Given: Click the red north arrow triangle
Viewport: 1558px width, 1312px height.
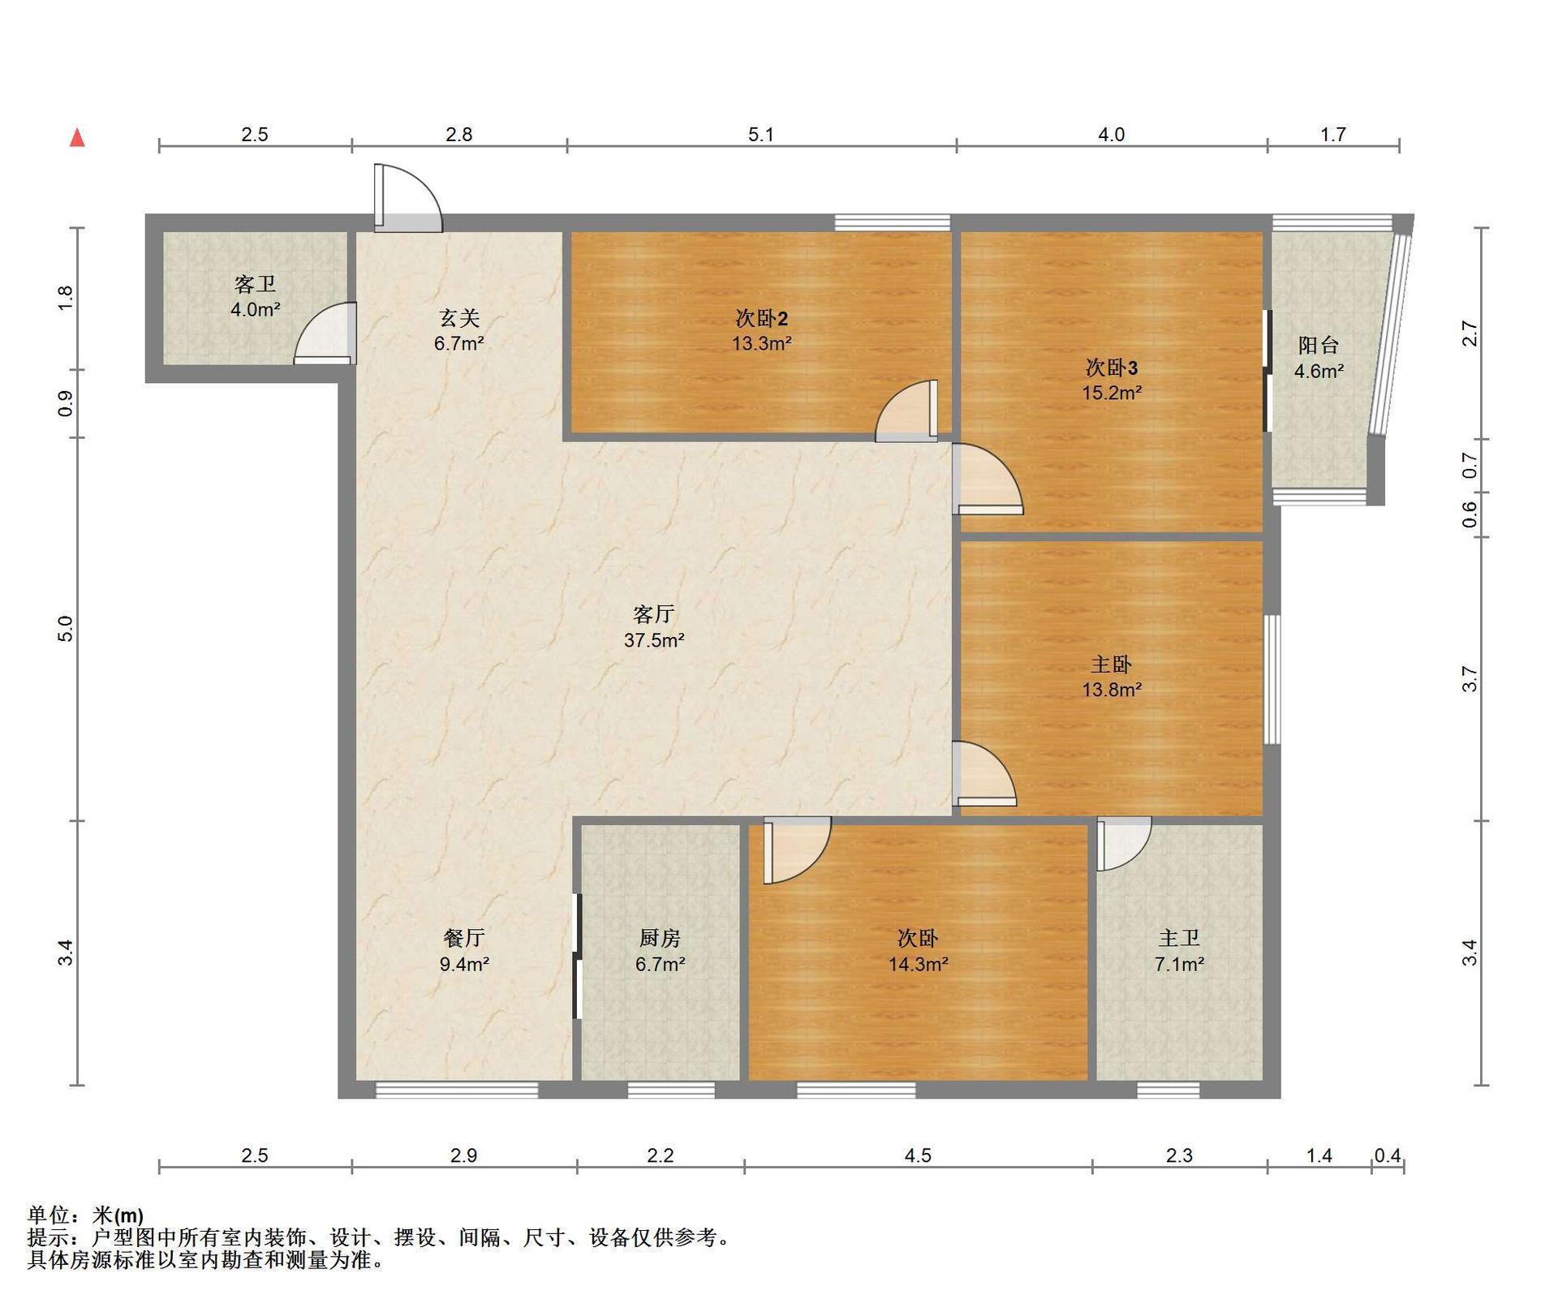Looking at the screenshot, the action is (78, 137).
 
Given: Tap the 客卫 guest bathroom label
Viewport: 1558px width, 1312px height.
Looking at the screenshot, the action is (255, 284).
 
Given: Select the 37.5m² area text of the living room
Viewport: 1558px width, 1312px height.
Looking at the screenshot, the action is (654, 640).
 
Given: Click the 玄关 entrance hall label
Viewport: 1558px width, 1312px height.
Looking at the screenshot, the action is (459, 317).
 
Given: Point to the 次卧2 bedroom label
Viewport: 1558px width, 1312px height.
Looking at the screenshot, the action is (762, 318).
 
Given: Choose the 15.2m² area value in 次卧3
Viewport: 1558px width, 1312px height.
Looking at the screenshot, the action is (1112, 394).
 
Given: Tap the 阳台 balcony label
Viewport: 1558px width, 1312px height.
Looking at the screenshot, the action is (1319, 345).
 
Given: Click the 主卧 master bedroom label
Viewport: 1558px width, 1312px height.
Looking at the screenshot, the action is (1111, 665).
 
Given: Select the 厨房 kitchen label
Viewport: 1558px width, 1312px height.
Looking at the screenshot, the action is (660, 938).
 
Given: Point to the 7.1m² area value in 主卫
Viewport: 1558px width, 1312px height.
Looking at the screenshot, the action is (1179, 965).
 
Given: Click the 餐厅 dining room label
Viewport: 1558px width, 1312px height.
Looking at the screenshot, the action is (464, 938).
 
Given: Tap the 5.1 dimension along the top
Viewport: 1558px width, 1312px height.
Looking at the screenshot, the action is (761, 135).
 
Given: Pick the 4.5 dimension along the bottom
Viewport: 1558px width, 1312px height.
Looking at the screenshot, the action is (919, 1155).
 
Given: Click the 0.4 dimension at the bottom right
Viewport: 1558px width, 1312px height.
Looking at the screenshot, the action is (1388, 1155).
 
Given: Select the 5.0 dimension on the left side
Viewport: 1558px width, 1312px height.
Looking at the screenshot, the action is (66, 629).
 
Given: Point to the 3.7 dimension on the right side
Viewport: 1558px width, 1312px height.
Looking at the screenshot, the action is (1470, 678).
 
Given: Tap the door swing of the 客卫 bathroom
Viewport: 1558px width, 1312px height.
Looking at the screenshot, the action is (325, 333).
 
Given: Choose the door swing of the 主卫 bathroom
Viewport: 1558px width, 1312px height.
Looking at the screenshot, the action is (1125, 845).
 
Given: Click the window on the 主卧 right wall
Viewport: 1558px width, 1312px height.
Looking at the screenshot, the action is (1272, 679).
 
